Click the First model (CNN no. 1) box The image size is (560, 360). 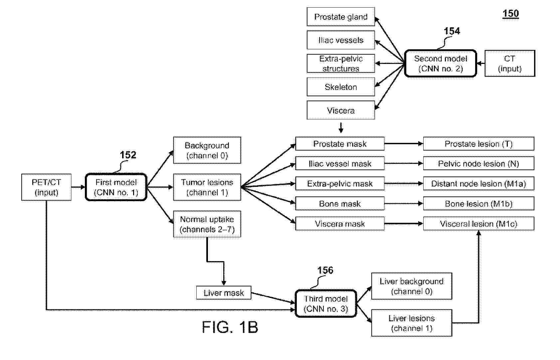click(116, 187)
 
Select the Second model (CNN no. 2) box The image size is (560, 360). click(440, 64)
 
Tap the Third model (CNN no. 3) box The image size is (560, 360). click(326, 304)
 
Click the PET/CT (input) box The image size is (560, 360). click(46, 187)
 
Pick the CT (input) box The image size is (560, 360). click(509, 64)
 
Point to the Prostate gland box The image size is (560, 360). click(341, 17)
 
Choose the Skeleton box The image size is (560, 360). click(341, 87)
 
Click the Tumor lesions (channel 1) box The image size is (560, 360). click(207, 187)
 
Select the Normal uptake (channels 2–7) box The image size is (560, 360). click(207, 224)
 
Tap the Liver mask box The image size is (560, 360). click(224, 293)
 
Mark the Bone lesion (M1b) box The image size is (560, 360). click(478, 204)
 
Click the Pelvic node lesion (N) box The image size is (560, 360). click(478, 164)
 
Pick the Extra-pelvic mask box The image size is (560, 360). click(340, 183)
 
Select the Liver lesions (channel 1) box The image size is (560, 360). click(412, 323)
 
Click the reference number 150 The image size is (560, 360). click(510, 14)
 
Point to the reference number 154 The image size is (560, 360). click(452, 31)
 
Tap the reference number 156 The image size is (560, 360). click(325, 270)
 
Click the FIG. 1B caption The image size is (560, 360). click(230, 327)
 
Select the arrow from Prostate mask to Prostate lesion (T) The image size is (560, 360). click(404, 144)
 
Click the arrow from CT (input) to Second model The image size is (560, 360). click(480, 64)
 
